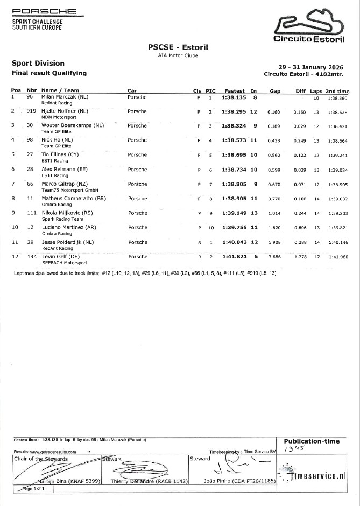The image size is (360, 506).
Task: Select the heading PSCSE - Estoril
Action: click(178, 47)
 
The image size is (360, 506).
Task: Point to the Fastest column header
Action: click(235, 91)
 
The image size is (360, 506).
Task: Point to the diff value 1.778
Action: click(299, 257)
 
